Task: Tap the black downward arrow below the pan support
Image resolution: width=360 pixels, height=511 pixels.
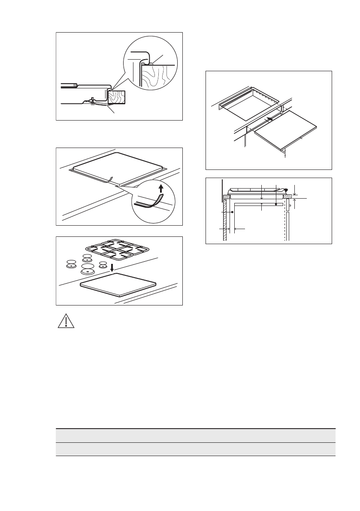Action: click(x=112, y=267)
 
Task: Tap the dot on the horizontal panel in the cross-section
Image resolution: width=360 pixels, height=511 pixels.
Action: click(x=276, y=205)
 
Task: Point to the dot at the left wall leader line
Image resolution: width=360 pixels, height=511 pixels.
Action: click(x=232, y=212)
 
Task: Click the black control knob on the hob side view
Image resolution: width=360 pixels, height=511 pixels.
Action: click(x=286, y=190)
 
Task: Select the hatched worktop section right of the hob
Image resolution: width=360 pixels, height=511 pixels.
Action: click(x=289, y=197)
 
